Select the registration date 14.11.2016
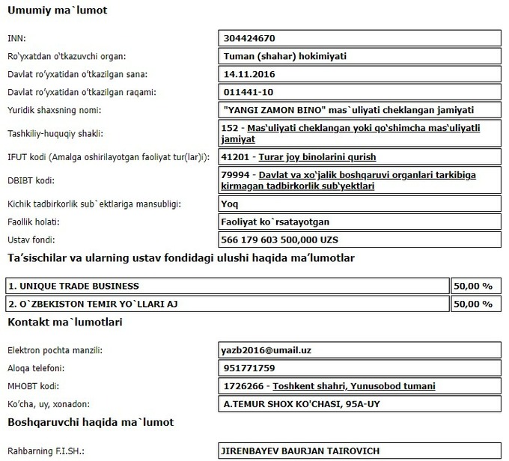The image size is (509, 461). click(x=251, y=74)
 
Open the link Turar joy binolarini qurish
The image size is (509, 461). click(x=317, y=157)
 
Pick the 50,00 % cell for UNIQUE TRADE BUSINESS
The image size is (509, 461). click(x=473, y=286)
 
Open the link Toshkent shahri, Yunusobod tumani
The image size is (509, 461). click(x=354, y=386)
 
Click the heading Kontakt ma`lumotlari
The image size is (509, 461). click(x=64, y=323)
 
